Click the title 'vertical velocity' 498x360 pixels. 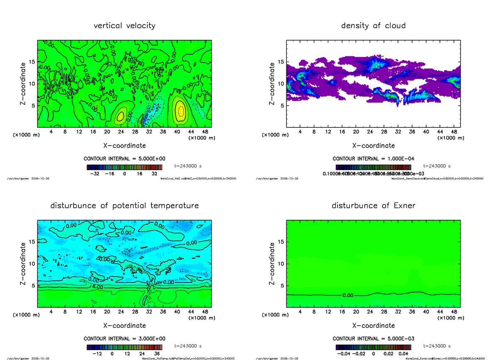point(124,26)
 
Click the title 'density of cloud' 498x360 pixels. point(373,26)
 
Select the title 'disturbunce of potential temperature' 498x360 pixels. point(124,206)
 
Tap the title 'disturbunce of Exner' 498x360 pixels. point(373,206)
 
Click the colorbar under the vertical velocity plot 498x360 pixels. point(124,167)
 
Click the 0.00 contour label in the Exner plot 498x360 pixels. point(348,295)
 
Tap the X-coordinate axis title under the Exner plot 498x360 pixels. point(373,326)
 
